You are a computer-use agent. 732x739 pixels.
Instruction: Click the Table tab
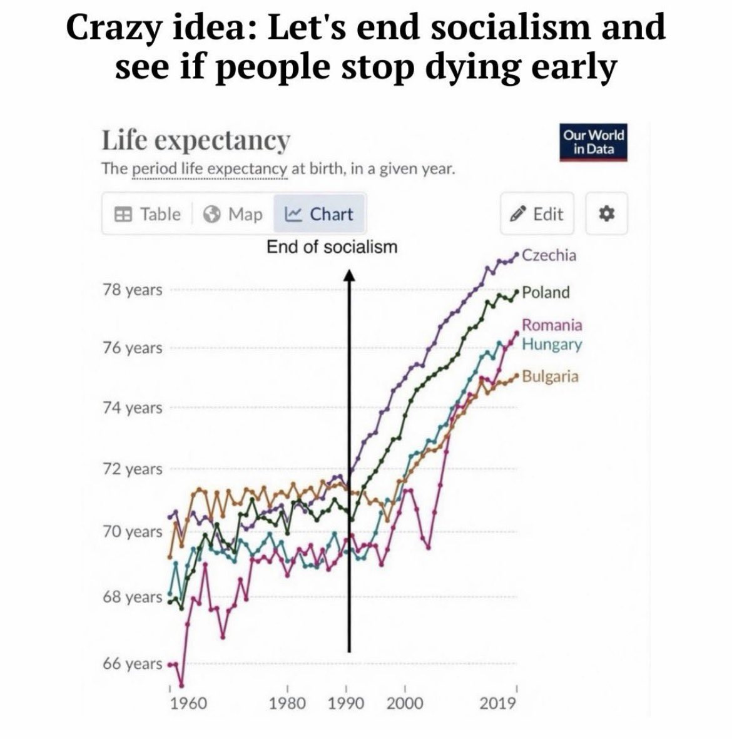point(148,214)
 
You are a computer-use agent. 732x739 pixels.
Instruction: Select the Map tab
point(233,214)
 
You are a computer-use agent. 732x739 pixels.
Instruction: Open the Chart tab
point(319,214)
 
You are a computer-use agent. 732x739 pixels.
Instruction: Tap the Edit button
point(537,214)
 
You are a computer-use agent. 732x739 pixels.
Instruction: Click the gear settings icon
point(606,214)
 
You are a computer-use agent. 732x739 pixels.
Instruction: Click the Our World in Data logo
point(593,143)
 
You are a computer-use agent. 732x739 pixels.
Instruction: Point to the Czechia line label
point(549,255)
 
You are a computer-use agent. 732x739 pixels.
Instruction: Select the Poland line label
point(546,292)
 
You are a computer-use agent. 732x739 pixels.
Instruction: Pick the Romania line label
point(552,325)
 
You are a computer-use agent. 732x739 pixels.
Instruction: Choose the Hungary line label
point(552,344)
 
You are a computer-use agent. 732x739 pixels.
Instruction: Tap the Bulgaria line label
point(550,377)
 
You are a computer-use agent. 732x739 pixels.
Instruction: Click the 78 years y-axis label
point(133,290)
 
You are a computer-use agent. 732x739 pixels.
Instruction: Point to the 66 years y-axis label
point(133,663)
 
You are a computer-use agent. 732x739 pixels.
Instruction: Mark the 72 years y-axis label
point(133,469)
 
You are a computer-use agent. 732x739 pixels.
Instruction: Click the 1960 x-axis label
point(188,703)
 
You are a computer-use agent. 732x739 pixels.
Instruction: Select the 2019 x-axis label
point(498,703)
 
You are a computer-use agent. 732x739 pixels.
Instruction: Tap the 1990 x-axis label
point(346,703)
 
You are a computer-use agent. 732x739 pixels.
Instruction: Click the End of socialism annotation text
point(332,247)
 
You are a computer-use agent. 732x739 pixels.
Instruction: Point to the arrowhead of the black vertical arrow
point(349,276)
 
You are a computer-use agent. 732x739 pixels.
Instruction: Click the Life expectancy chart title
point(196,140)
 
